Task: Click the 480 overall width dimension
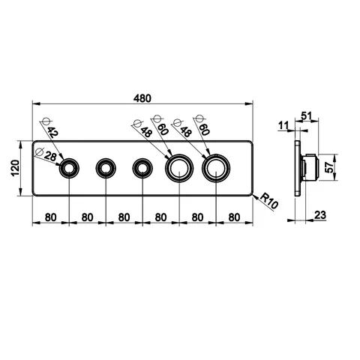142,98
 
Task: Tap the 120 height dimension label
16,168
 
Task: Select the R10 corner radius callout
268,200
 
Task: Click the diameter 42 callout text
52,132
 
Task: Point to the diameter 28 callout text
50,157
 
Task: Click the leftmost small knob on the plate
69,168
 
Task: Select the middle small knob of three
106,168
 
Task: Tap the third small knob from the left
142,168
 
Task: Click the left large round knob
179,168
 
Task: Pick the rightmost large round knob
216,168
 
